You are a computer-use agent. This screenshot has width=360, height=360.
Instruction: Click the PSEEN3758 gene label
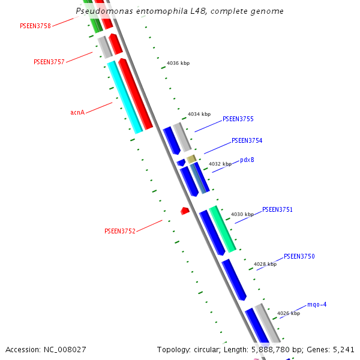click(x=35, y=26)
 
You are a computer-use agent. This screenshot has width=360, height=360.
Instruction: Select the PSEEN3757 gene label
click(x=49, y=62)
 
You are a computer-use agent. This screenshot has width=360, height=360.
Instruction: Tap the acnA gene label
click(x=77, y=112)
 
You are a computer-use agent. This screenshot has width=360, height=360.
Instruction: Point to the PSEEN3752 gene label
click(x=120, y=231)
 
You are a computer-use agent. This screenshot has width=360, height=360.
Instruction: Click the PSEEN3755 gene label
click(x=238, y=119)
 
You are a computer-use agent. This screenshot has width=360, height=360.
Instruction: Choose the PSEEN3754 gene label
click(x=247, y=140)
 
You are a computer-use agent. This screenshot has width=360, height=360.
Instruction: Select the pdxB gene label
click(x=247, y=160)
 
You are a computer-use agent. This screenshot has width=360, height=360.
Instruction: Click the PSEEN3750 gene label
click(x=299, y=256)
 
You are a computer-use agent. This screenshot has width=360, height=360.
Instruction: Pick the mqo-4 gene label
click(x=317, y=304)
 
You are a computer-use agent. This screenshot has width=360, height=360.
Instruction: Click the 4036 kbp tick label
click(x=178, y=63)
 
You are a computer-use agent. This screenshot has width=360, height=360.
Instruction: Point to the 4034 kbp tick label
click(x=199, y=114)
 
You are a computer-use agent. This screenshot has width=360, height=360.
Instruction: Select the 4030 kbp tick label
click(x=242, y=214)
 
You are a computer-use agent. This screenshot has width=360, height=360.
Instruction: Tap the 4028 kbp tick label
click(x=265, y=264)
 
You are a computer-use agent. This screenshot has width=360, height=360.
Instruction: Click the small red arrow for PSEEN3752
click(x=185, y=211)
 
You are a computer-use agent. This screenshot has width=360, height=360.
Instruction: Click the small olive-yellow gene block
click(x=191, y=159)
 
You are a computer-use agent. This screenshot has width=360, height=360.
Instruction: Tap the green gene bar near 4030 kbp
click(x=222, y=229)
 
